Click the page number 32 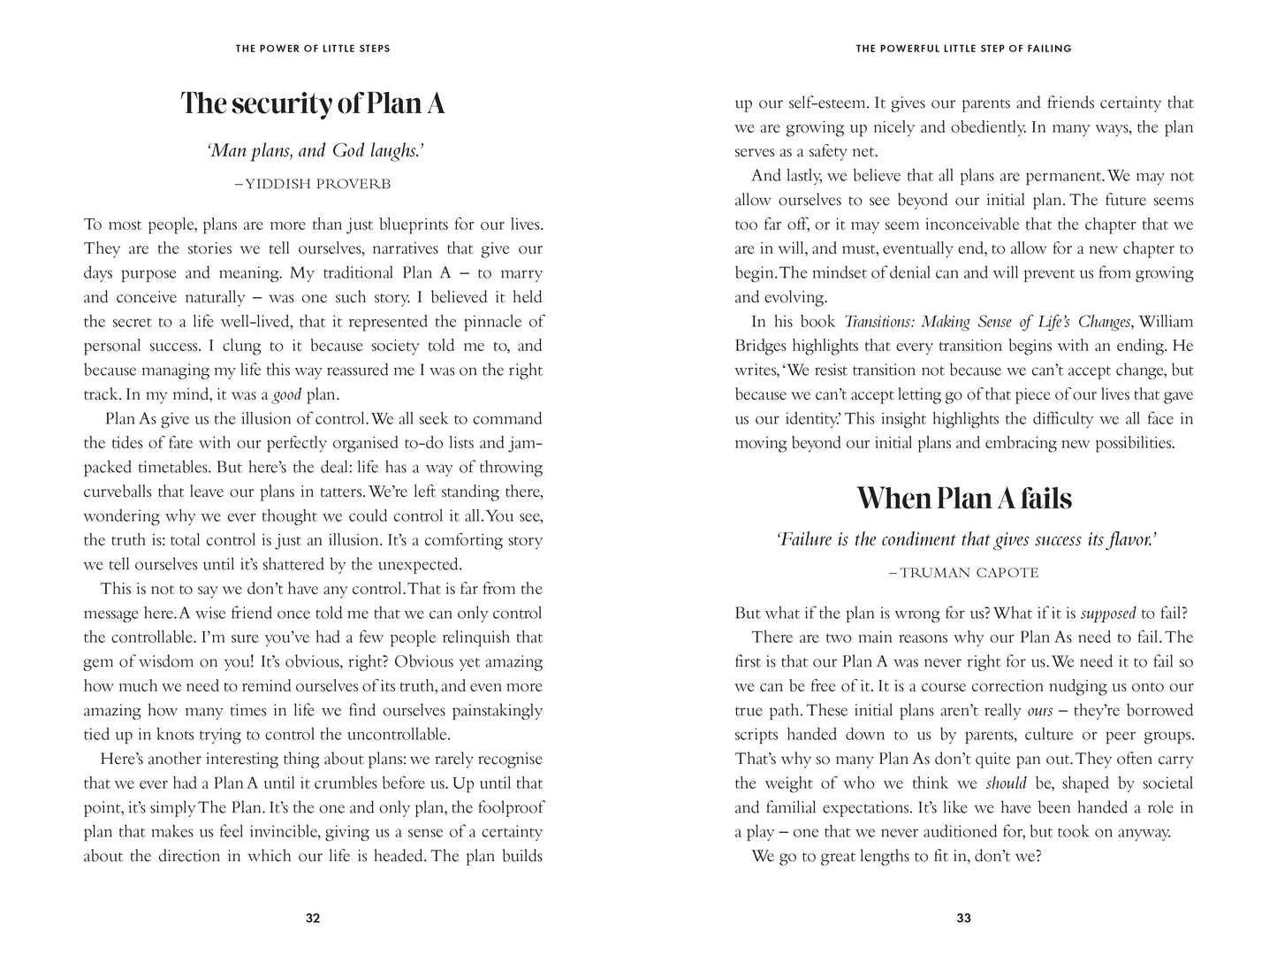coord(313,918)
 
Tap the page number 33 coord(964,918)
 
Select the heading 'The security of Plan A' coord(313,103)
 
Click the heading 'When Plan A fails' coord(964,499)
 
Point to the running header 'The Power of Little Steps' coord(313,49)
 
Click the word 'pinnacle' coord(498,322)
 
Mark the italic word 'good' coord(286,395)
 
